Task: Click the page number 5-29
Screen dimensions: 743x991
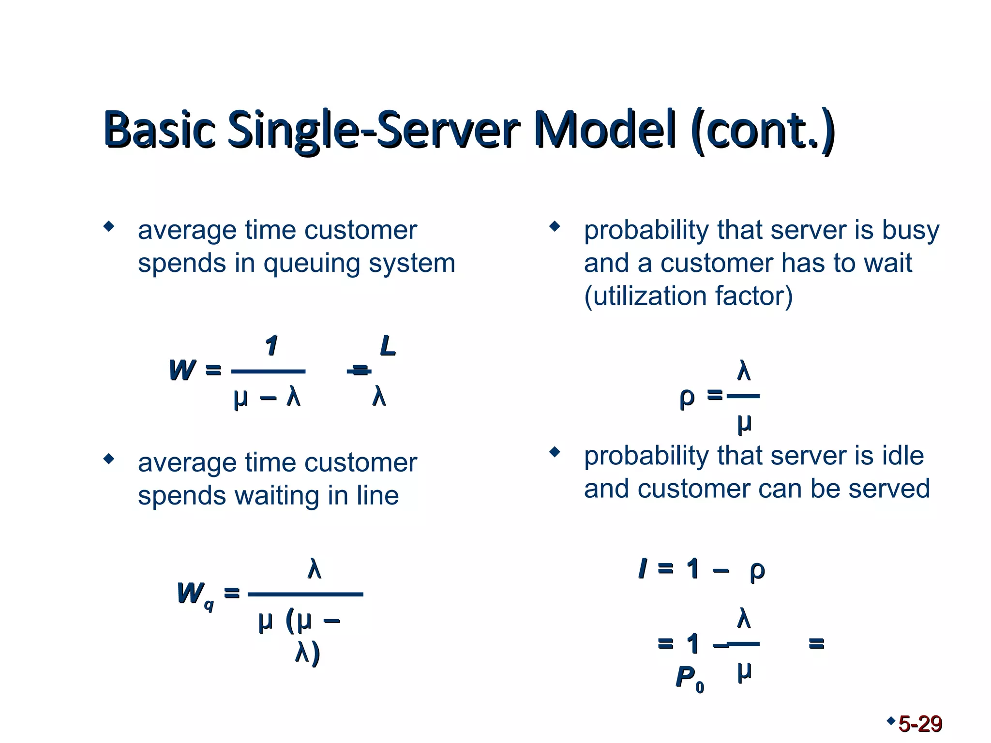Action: tap(920, 724)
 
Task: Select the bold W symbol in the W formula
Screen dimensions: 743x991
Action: tap(182, 371)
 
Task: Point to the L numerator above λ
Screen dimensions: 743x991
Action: tap(388, 346)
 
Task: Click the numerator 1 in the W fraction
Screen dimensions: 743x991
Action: tap(271, 346)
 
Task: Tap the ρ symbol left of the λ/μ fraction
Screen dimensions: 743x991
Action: tap(687, 398)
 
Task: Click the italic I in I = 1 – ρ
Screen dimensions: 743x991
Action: tap(643, 568)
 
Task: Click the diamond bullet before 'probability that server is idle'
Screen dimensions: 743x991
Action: tap(555, 452)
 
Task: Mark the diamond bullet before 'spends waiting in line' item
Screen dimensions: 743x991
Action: tap(109, 459)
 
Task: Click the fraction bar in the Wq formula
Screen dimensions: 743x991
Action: tap(305, 594)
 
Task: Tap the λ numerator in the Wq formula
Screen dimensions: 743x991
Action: tap(315, 569)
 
